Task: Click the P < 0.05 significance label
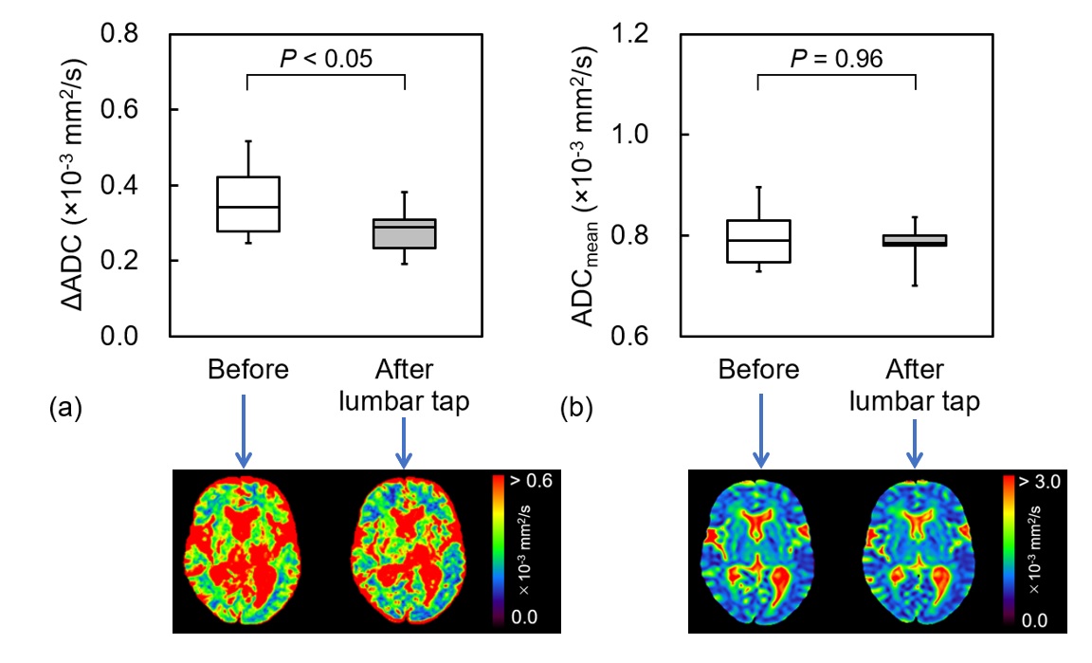[325, 59]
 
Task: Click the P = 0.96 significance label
[836, 59]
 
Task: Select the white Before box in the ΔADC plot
[247, 204]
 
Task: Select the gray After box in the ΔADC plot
[405, 233]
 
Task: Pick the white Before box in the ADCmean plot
[758, 241]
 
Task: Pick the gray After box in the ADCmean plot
[916, 240]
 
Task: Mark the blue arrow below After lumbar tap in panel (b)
[915, 441]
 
